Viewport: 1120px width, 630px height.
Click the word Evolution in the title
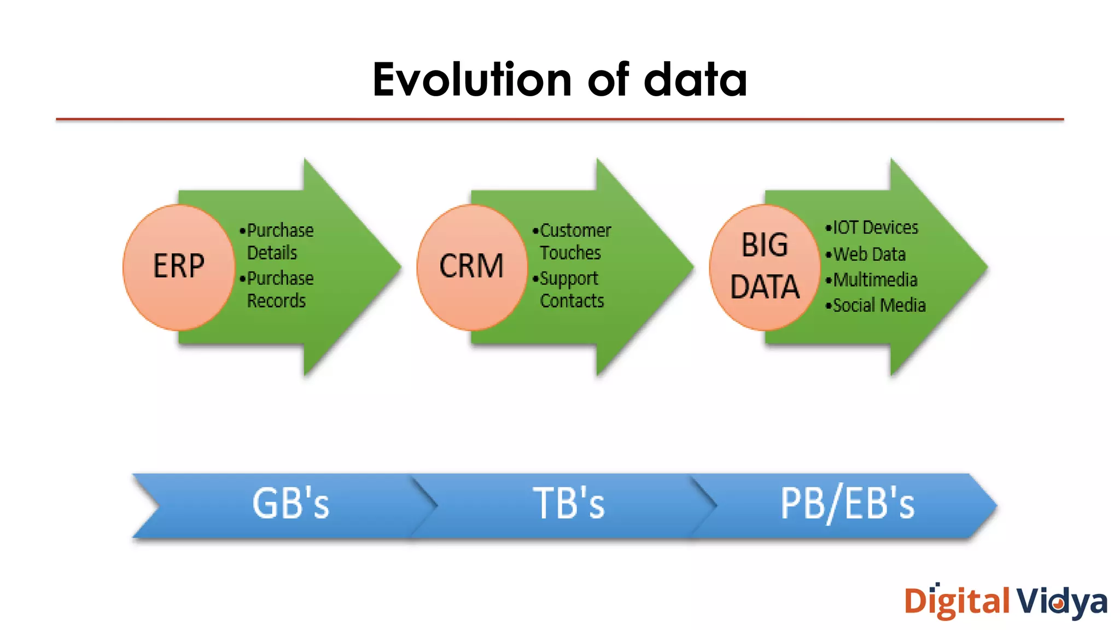(x=472, y=80)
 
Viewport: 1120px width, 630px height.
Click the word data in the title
(x=695, y=80)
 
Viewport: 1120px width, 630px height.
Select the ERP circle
(x=179, y=267)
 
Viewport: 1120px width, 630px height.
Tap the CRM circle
(x=471, y=267)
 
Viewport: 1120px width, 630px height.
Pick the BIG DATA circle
(x=765, y=267)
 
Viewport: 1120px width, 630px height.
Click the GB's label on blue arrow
(x=290, y=504)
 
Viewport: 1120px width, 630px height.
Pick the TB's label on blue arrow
(x=569, y=504)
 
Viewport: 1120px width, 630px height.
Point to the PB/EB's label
(x=847, y=504)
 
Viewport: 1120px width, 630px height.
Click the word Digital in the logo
(x=957, y=602)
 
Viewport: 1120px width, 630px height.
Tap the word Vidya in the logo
(x=1061, y=602)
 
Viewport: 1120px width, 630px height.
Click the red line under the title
(x=559, y=119)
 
